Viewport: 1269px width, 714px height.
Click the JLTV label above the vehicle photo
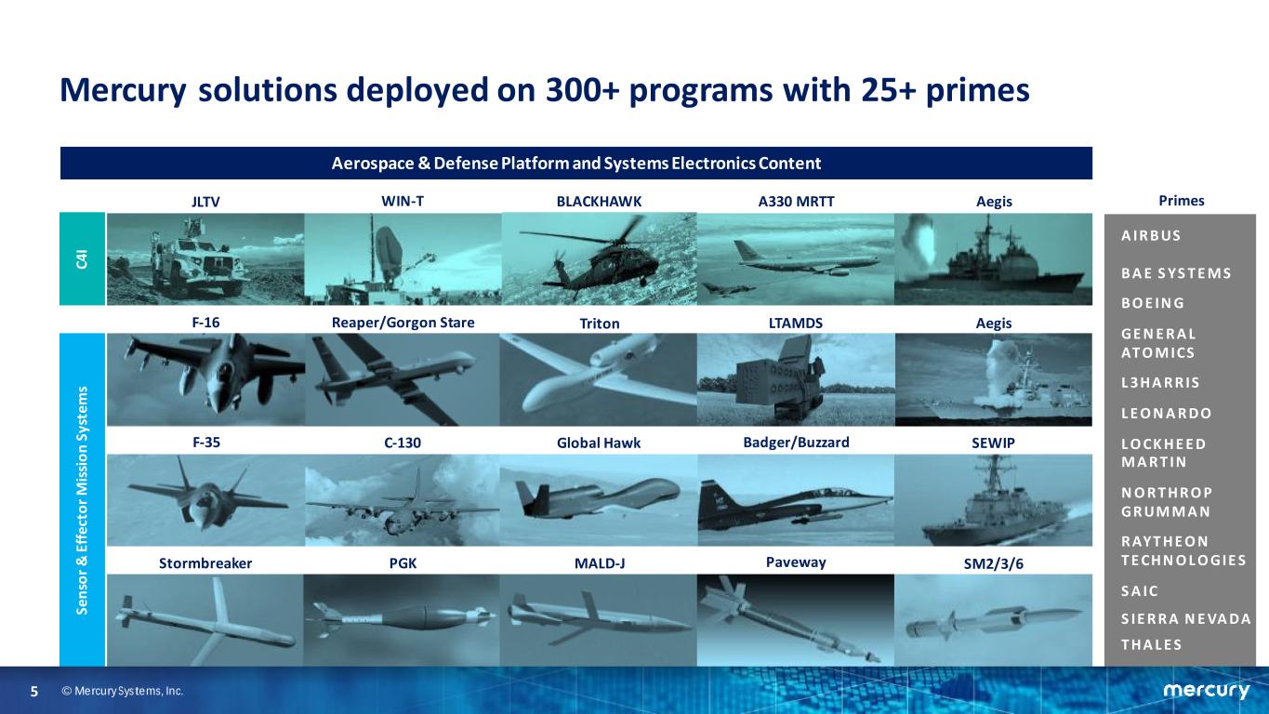coord(205,202)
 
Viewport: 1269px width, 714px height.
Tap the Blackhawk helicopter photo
coord(599,259)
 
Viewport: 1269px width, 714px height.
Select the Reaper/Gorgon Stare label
coord(403,323)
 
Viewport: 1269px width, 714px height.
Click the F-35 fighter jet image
coord(205,500)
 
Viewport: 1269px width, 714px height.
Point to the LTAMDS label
coord(796,323)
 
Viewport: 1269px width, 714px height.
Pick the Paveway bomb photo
coord(796,620)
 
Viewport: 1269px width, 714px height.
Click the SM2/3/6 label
coord(993,563)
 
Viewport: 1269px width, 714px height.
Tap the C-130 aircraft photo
coord(403,500)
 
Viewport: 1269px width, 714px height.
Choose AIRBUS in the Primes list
coord(1151,236)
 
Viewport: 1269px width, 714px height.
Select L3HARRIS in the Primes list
coord(1160,383)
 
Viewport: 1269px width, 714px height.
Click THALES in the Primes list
coord(1151,645)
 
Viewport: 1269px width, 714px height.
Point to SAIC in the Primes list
coord(1139,591)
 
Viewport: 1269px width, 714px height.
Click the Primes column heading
coord(1182,201)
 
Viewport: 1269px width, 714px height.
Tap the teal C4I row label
coord(82,259)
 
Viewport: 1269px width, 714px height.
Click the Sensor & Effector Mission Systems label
coord(82,500)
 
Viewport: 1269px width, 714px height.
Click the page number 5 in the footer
coord(34,692)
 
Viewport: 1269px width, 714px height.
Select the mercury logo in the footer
coord(1206,690)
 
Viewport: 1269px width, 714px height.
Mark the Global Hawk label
coord(599,443)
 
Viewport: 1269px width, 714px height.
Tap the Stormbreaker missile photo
coord(205,620)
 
